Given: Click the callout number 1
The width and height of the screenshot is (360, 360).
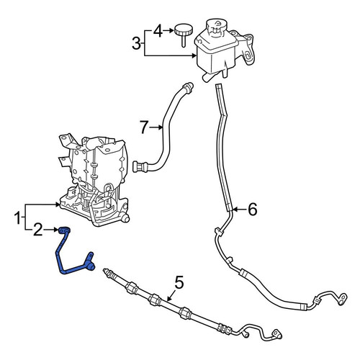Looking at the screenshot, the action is [x=17, y=218].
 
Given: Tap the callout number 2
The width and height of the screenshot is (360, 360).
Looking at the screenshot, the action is [x=37, y=230].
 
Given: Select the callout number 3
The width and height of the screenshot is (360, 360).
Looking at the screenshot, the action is [x=136, y=44].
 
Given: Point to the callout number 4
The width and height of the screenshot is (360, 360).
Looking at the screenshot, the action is [x=158, y=31].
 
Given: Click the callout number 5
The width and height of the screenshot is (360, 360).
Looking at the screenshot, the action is [x=179, y=282].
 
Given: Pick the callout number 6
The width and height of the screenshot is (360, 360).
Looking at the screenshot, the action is [x=252, y=210].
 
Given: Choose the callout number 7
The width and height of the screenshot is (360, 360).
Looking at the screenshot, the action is [x=144, y=127].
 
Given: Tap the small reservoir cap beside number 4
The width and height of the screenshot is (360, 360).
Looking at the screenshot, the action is [x=184, y=35].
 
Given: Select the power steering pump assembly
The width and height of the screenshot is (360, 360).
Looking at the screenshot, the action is [x=94, y=180].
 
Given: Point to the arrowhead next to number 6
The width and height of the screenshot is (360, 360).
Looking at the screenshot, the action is [x=235, y=210].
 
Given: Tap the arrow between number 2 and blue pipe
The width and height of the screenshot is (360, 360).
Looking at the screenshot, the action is [x=51, y=230].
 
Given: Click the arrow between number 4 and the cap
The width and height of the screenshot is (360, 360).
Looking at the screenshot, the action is [x=168, y=30].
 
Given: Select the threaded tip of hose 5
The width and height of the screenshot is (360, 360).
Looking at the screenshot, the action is [x=106, y=271].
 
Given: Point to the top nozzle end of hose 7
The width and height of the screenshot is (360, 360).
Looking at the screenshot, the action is [x=189, y=86].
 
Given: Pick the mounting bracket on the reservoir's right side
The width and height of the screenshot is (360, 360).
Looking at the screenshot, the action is [x=246, y=48].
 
